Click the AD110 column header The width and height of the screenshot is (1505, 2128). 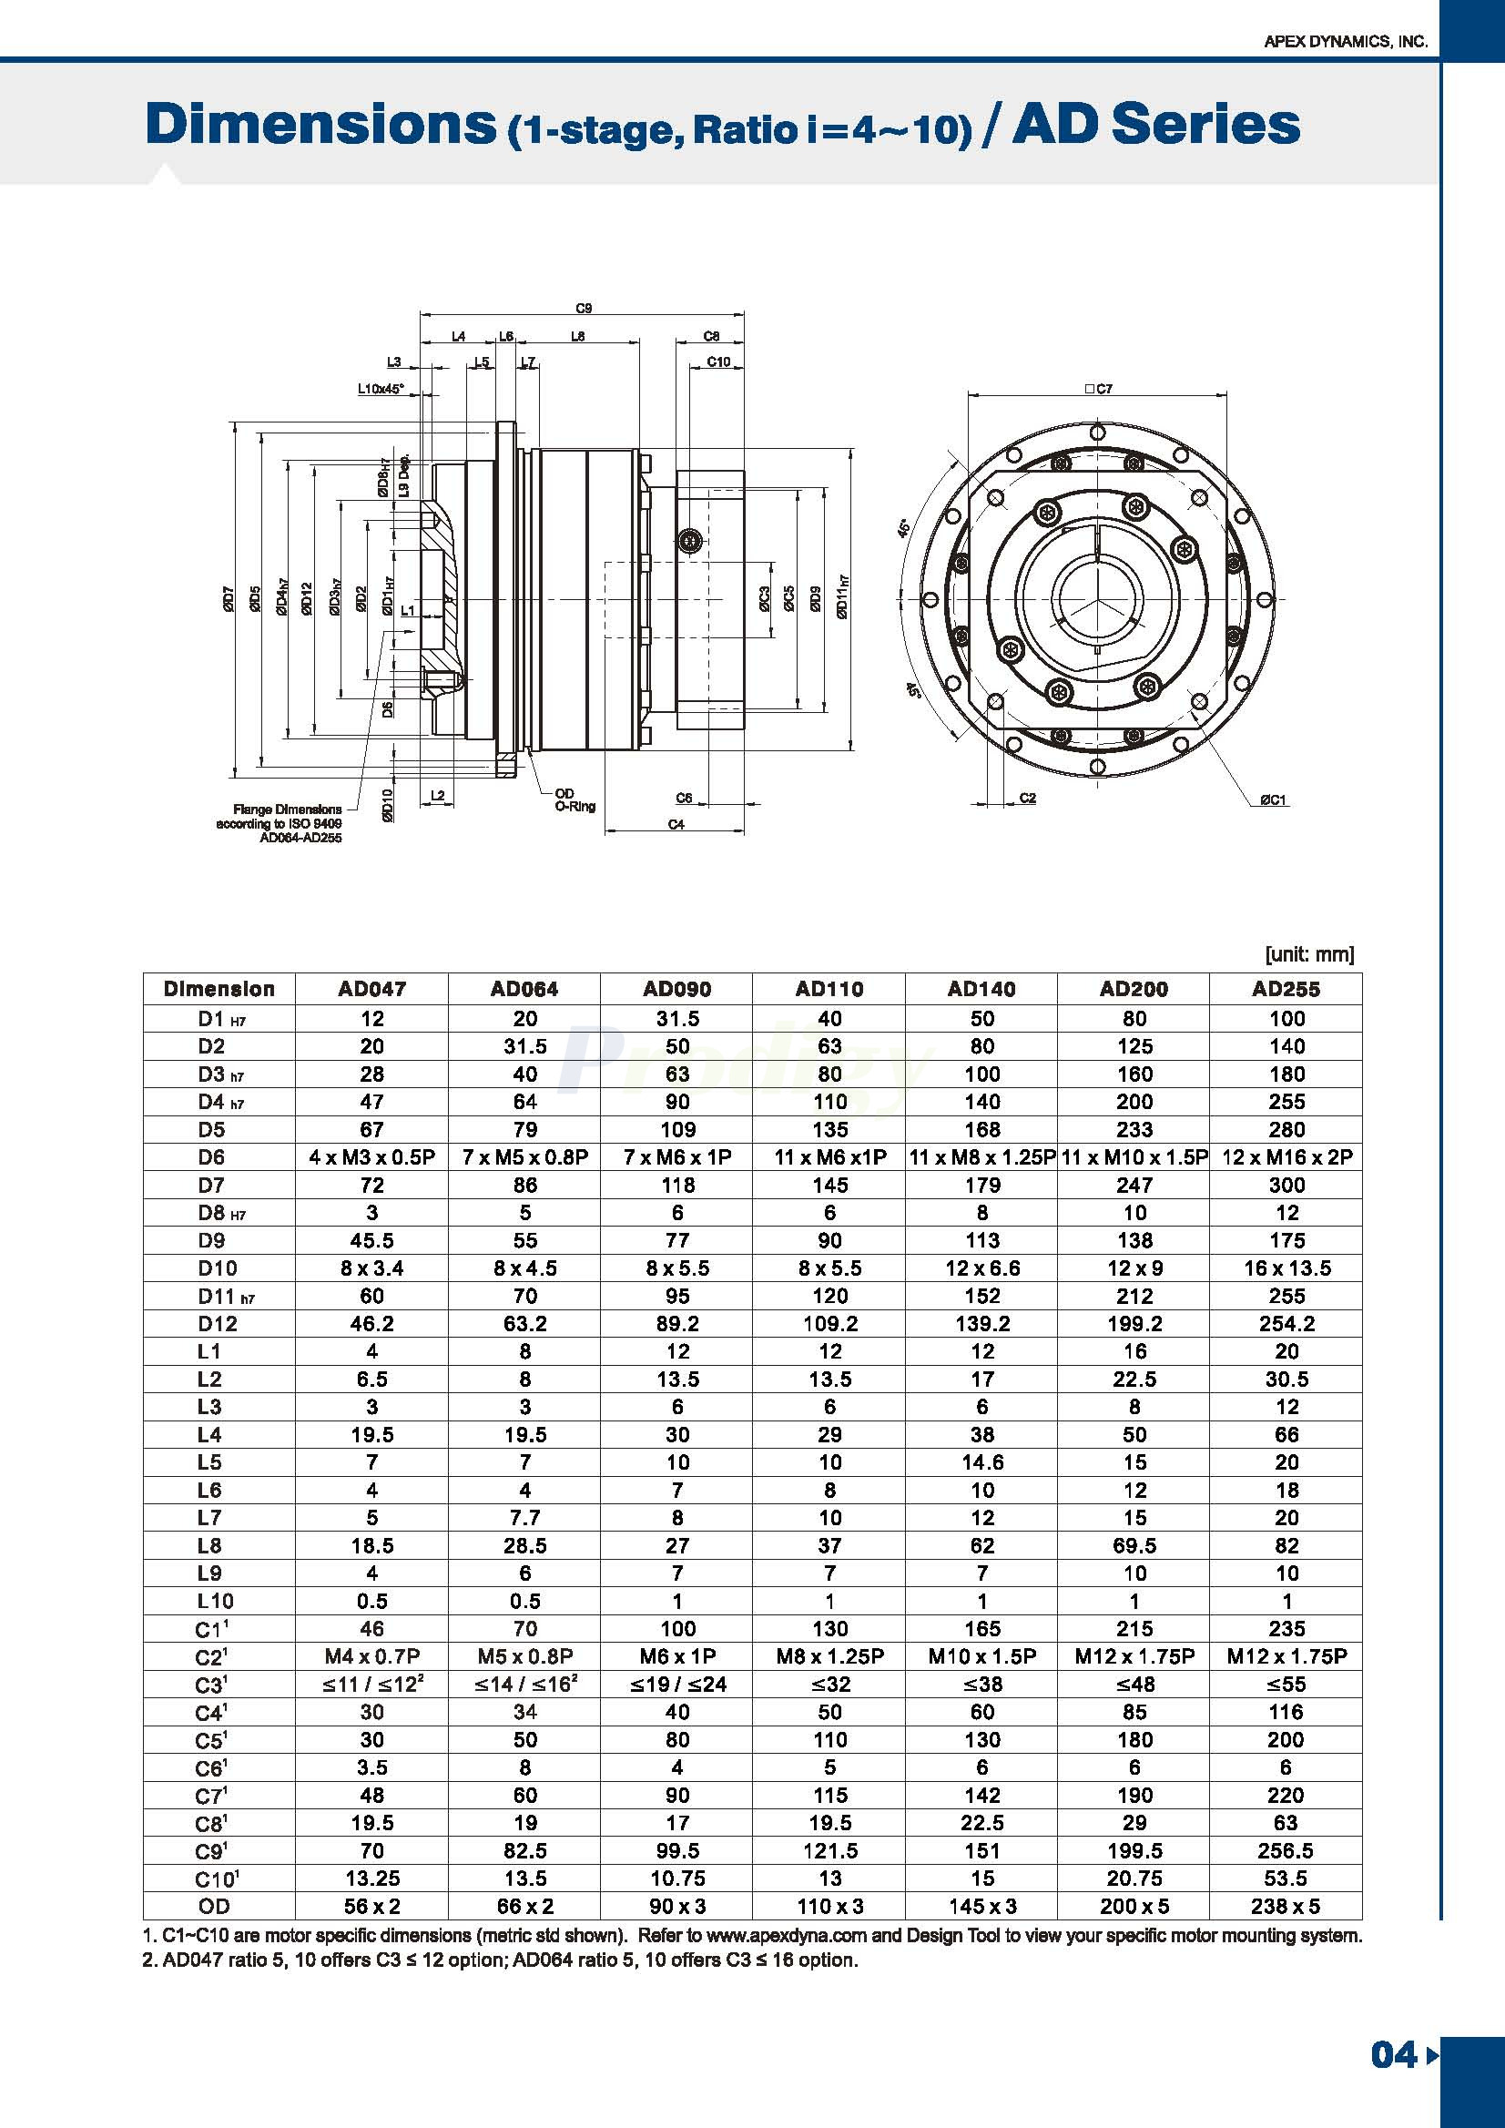[829, 989]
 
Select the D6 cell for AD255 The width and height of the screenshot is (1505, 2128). [1286, 1156]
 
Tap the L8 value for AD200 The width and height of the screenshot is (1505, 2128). [1134, 1545]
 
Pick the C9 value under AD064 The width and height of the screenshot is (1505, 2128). [524, 1850]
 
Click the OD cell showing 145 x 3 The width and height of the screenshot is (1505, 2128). [981, 1906]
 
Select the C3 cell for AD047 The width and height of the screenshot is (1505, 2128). [371, 1684]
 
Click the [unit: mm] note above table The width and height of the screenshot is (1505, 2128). [1308, 953]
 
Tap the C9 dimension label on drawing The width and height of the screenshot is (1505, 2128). [583, 309]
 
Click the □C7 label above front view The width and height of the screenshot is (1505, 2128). [1097, 390]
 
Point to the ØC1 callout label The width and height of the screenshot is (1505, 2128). [1273, 799]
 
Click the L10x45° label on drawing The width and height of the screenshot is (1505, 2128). [381, 391]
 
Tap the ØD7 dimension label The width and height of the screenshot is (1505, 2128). [228, 599]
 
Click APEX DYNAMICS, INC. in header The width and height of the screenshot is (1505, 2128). [1346, 42]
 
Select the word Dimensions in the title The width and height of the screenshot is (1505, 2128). [321, 125]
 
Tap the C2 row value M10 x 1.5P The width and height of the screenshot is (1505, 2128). [981, 1656]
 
